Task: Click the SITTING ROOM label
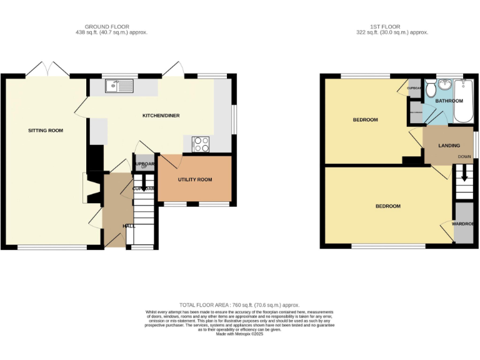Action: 46,131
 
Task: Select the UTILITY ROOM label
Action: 195,180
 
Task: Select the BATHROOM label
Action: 449,101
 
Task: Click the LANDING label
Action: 449,146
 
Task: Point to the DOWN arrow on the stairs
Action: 464,173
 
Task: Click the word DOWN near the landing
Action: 464,156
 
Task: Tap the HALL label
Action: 129,226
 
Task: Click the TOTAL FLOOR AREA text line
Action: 239,304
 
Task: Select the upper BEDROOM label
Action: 365,120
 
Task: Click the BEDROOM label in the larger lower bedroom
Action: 387,206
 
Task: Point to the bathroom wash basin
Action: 446,86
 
